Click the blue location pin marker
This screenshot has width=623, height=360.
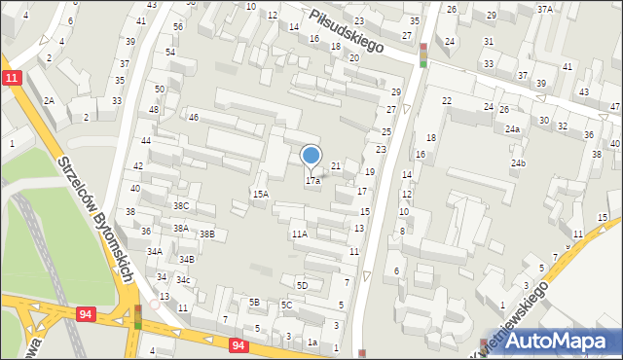click(311, 156)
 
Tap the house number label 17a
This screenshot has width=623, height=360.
click(312, 181)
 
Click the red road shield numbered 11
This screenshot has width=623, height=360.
click(11, 78)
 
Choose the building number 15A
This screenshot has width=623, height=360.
click(260, 195)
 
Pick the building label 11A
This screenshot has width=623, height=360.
click(299, 234)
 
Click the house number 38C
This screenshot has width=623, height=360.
click(180, 206)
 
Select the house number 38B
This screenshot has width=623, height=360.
click(206, 234)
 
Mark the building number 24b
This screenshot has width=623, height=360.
click(518, 162)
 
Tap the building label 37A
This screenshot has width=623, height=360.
click(544, 9)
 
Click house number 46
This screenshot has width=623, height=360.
click(194, 118)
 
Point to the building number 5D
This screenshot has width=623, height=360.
click(302, 285)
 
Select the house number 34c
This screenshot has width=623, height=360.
click(182, 280)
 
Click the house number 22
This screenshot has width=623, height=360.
click(446, 101)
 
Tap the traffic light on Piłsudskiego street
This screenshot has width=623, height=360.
click(422, 54)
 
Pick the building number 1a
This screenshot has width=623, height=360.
click(312, 342)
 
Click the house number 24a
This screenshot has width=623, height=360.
click(511, 128)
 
